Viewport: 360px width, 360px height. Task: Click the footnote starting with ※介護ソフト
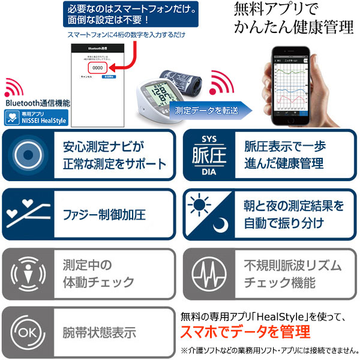267,350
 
